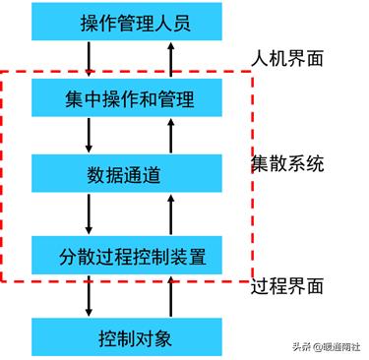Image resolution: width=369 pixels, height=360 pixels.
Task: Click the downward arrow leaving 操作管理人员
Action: coord(90,60)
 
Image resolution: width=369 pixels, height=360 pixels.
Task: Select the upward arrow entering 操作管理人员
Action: coord(174,60)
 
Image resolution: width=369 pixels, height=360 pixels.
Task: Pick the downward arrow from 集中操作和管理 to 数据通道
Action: coord(90,136)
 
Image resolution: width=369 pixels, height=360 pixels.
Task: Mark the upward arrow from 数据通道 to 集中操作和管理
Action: coord(174,136)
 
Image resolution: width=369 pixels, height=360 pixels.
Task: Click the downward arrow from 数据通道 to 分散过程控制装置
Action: coord(90,214)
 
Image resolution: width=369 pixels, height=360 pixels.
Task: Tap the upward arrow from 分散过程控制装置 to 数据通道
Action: coord(174,214)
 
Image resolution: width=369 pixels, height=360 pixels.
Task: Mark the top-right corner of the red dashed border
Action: coord(253,72)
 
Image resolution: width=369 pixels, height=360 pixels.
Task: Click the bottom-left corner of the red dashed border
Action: coord(3,280)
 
